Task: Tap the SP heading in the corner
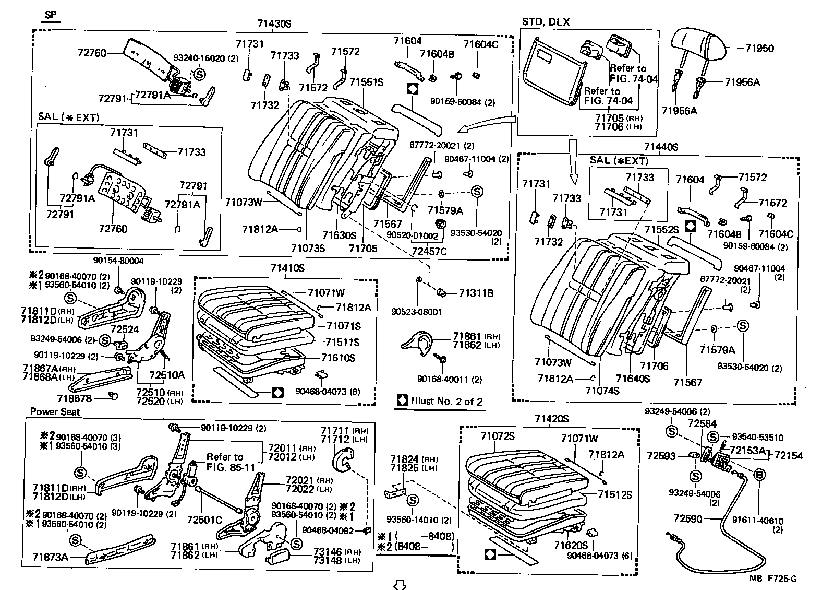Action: pyautogui.click(x=51, y=15)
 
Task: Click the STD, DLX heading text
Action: pyautogui.click(x=546, y=22)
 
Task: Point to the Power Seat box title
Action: pyautogui.click(x=55, y=411)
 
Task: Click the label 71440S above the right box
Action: pyautogui.click(x=660, y=147)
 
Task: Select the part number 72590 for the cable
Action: pyautogui.click(x=687, y=518)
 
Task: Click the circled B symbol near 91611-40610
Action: pyautogui.click(x=759, y=474)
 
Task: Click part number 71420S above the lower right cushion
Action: pyautogui.click(x=551, y=419)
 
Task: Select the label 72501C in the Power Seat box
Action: pyautogui.click(x=204, y=521)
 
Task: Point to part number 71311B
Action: pyautogui.click(x=476, y=293)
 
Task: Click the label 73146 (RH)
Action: pyautogui.click(x=335, y=551)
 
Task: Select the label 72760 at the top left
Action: pyautogui.click(x=92, y=53)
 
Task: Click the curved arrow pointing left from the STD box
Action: pyautogui.click(x=485, y=127)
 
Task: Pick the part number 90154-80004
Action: pyautogui.click(x=118, y=260)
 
